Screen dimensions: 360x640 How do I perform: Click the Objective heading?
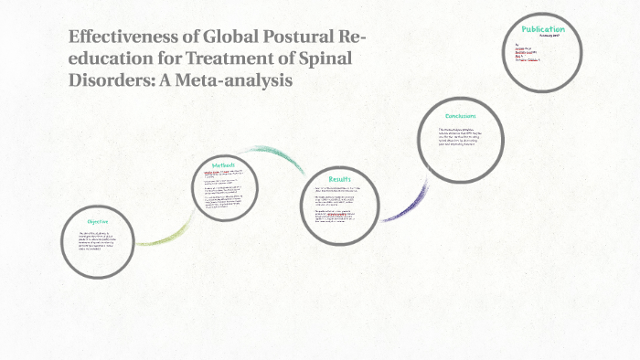(x=98, y=221)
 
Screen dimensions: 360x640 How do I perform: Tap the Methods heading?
(x=224, y=164)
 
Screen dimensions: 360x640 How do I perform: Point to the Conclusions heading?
(x=461, y=116)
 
